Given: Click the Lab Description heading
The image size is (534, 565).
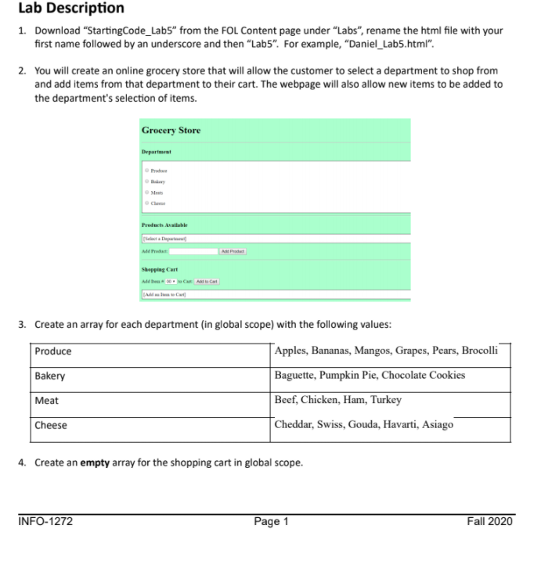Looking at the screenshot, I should [71, 9].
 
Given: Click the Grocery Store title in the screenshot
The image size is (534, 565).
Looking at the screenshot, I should [170, 130].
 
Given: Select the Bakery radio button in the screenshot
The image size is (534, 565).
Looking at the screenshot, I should [146, 180].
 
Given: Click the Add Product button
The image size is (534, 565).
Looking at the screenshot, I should [233, 251].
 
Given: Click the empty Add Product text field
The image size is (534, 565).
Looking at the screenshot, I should [193, 251].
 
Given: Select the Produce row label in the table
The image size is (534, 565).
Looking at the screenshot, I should [53, 351].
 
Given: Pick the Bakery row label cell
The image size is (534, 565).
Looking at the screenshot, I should [50, 376].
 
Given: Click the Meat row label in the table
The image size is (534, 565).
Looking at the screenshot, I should [46, 401].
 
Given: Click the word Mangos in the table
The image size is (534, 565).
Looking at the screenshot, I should [373, 351].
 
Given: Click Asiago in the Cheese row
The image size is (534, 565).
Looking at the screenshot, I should [436, 425].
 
